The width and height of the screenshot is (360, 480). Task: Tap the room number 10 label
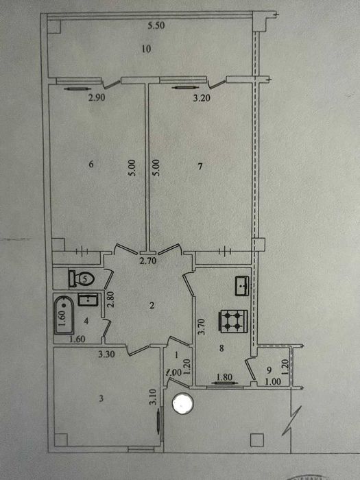[x=146, y=49]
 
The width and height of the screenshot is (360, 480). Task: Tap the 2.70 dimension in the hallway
[x=148, y=261]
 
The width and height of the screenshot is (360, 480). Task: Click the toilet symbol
[x=80, y=279]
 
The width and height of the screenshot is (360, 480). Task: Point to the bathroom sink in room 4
[x=86, y=299]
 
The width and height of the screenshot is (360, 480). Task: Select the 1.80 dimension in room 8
[x=224, y=375]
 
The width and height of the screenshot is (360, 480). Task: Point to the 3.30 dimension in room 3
[x=106, y=355]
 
